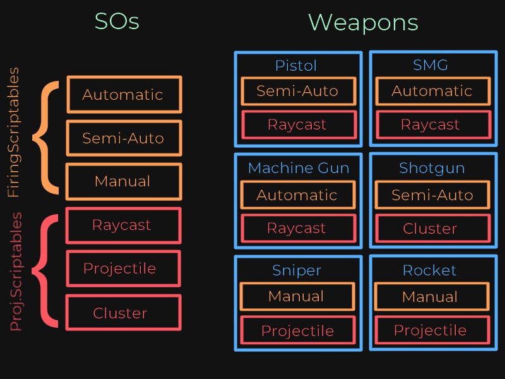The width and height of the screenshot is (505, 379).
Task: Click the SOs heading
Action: tap(117, 22)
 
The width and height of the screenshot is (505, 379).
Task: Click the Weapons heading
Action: tap(363, 23)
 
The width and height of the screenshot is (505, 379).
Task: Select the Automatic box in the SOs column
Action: tap(124, 95)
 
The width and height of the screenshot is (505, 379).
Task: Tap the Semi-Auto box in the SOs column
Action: tap(124, 138)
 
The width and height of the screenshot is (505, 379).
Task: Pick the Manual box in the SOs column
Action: tap(124, 182)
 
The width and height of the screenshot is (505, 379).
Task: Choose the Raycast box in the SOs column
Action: tap(122, 226)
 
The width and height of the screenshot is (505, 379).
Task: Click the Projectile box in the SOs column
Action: tap(122, 269)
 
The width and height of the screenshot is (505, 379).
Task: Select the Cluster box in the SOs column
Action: tap(122, 313)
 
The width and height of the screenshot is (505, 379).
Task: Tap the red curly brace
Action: tap(44, 272)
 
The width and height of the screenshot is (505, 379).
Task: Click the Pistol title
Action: tap(296, 66)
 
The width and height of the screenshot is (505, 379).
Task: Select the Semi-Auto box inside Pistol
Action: tap(298, 92)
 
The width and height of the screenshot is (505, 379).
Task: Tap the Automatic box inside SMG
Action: tap(432, 92)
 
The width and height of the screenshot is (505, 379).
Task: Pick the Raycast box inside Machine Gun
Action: tap(298, 228)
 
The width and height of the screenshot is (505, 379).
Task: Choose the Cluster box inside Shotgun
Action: tap(432, 229)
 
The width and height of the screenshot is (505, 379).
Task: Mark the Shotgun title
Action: tap(432, 168)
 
